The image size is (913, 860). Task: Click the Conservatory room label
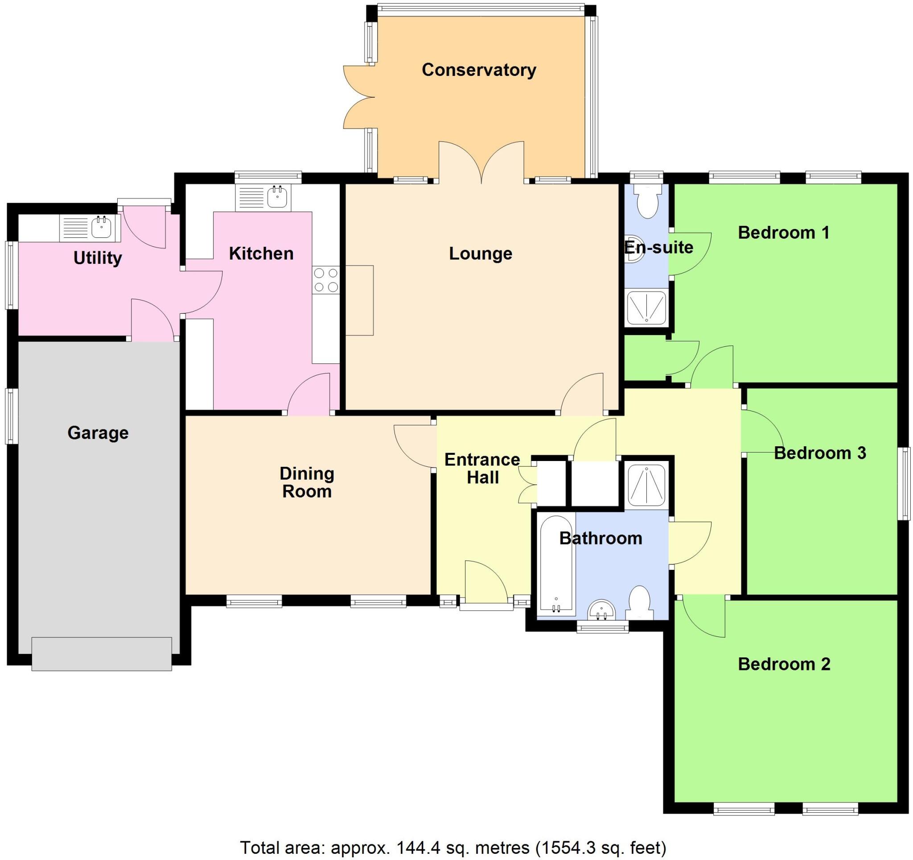[478, 70]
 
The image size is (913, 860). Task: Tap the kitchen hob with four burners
[325, 280]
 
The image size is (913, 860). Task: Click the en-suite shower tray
[646, 307]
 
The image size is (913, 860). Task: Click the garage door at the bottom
[102, 653]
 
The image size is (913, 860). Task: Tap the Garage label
[98, 433]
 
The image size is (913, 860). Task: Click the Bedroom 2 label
[784, 664]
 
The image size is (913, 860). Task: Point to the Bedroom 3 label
[820, 453]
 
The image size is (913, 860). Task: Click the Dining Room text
[307, 482]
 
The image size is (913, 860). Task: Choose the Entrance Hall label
[482, 468]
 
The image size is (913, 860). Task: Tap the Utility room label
[97, 258]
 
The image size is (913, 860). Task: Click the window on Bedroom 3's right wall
[904, 483]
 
